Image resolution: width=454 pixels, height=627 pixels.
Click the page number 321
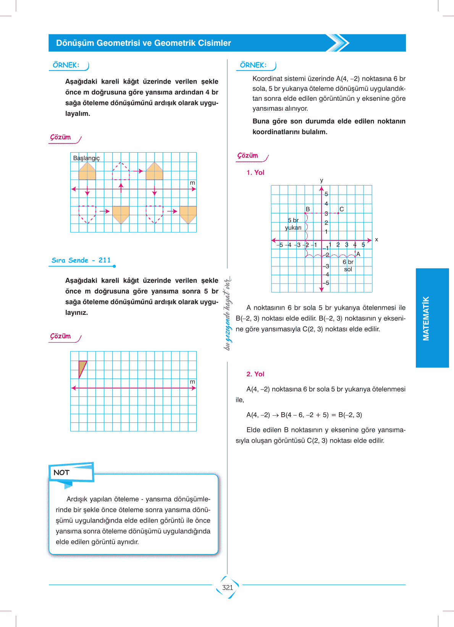click(x=228, y=587)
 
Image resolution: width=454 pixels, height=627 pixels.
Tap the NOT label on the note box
click(x=61, y=472)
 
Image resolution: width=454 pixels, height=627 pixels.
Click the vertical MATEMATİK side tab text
click(x=426, y=318)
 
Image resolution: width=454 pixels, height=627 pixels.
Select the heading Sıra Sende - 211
click(x=81, y=260)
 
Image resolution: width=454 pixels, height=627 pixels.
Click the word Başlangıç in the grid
click(x=86, y=158)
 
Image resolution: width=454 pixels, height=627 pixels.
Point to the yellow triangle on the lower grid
click(x=82, y=367)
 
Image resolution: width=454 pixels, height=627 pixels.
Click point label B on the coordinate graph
click(x=308, y=209)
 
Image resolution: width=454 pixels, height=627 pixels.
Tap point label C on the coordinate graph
click(x=342, y=209)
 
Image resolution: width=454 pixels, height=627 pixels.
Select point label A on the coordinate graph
click(x=358, y=254)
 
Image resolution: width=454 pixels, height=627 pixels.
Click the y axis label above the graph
click(x=322, y=181)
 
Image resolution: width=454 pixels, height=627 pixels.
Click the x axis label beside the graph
click(x=376, y=240)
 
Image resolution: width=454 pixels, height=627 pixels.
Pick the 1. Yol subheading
click(x=255, y=172)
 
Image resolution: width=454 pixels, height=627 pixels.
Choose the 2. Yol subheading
click(x=255, y=374)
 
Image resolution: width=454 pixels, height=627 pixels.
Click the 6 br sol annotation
click(x=348, y=266)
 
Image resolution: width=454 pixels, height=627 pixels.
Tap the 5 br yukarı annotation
click(x=293, y=224)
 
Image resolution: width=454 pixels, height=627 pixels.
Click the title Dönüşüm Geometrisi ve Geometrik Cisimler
click(x=144, y=43)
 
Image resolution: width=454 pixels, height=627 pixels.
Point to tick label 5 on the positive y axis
click(x=326, y=194)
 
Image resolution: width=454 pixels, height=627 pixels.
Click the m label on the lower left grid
click(x=192, y=382)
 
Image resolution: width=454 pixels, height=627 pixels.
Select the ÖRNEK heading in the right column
click(x=253, y=65)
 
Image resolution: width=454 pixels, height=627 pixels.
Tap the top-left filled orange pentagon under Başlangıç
click(x=87, y=171)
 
